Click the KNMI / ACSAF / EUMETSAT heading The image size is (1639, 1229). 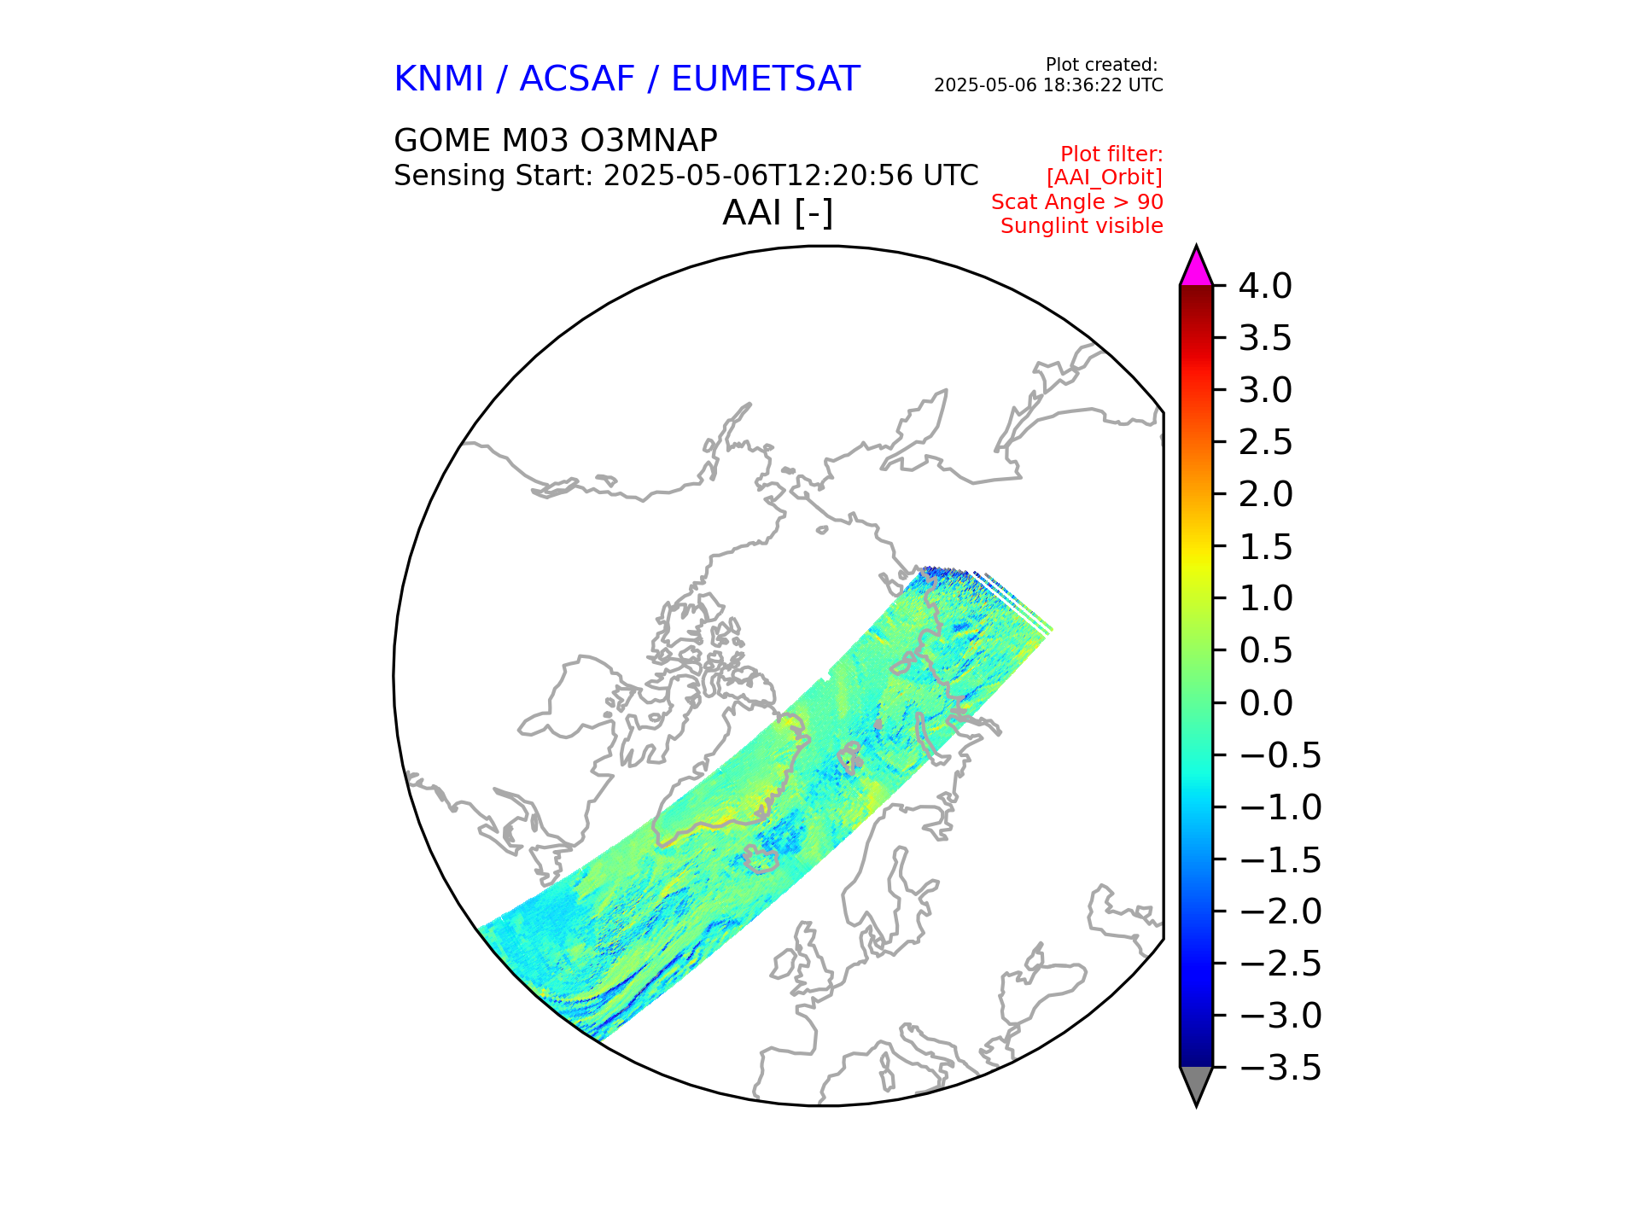pyautogui.click(x=626, y=79)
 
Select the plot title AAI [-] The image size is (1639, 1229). pyautogui.click(x=777, y=213)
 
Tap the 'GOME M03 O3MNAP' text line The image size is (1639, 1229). pyautogui.click(x=555, y=141)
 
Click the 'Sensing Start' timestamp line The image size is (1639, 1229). pyautogui.click(x=685, y=176)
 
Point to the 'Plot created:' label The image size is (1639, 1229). pyautogui.click(x=1101, y=65)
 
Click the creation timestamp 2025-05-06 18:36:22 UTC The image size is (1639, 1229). pyautogui.click(x=1048, y=85)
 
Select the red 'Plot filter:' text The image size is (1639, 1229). pyautogui.click(x=1111, y=154)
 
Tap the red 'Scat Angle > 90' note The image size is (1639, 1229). pyautogui.click(x=1076, y=202)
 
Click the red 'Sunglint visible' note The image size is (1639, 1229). pyautogui.click(x=1082, y=226)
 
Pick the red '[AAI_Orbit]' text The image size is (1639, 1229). pyautogui.click(x=1104, y=178)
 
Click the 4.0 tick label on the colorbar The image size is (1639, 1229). pyautogui.click(x=1265, y=287)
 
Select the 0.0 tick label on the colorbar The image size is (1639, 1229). pyautogui.click(x=1265, y=704)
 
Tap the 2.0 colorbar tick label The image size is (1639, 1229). pyautogui.click(x=1265, y=495)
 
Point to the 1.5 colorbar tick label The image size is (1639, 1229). pyautogui.click(x=1265, y=547)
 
